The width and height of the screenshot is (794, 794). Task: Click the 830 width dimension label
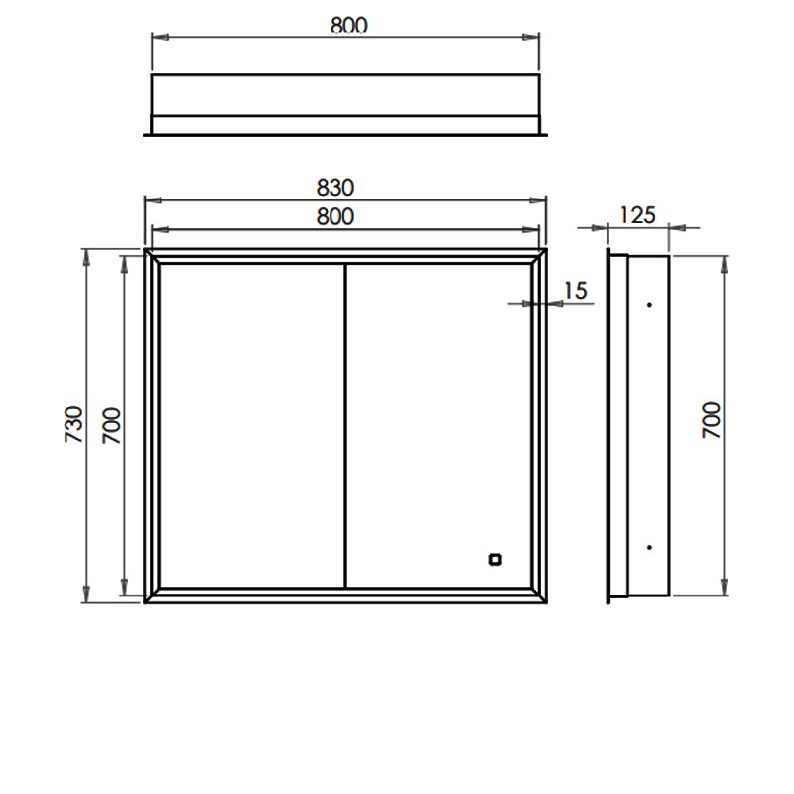coord(337,187)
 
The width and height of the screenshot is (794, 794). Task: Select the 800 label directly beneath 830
coord(337,216)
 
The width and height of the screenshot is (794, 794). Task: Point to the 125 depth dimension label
coord(637,214)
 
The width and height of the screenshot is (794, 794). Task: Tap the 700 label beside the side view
coord(711,422)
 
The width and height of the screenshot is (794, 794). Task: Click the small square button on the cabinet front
coord(494,559)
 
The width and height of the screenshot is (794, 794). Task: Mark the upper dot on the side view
coord(648,304)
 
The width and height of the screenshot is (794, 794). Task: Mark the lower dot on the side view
coord(648,547)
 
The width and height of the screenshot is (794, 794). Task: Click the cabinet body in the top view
coord(344,95)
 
